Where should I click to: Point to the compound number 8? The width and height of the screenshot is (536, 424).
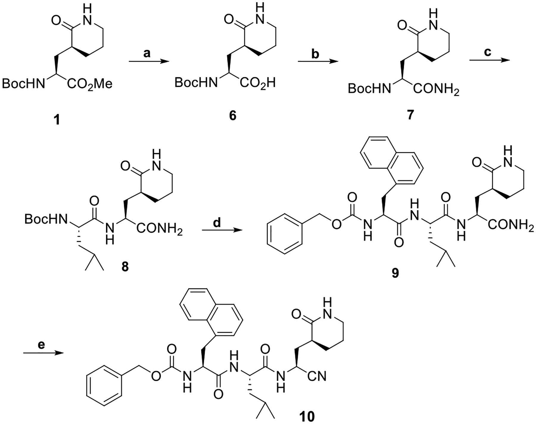click(x=125, y=267)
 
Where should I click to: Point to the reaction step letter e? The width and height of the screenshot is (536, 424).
click(x=42, y=345)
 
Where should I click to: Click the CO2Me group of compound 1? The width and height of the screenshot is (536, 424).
click(x=89, y=84)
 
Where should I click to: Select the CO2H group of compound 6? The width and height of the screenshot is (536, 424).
click(x=258, y=83)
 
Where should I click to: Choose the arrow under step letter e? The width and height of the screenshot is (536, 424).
click(x=43, y=353)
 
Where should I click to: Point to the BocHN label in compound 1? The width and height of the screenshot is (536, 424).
click(x=23, y=84)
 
